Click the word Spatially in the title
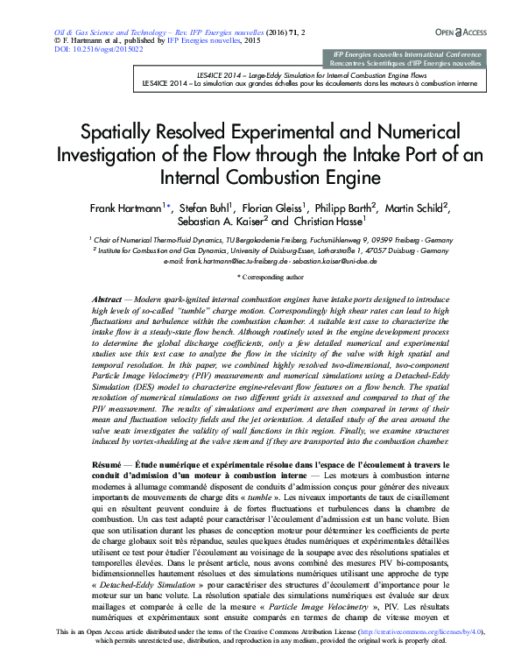pos(120,133)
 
